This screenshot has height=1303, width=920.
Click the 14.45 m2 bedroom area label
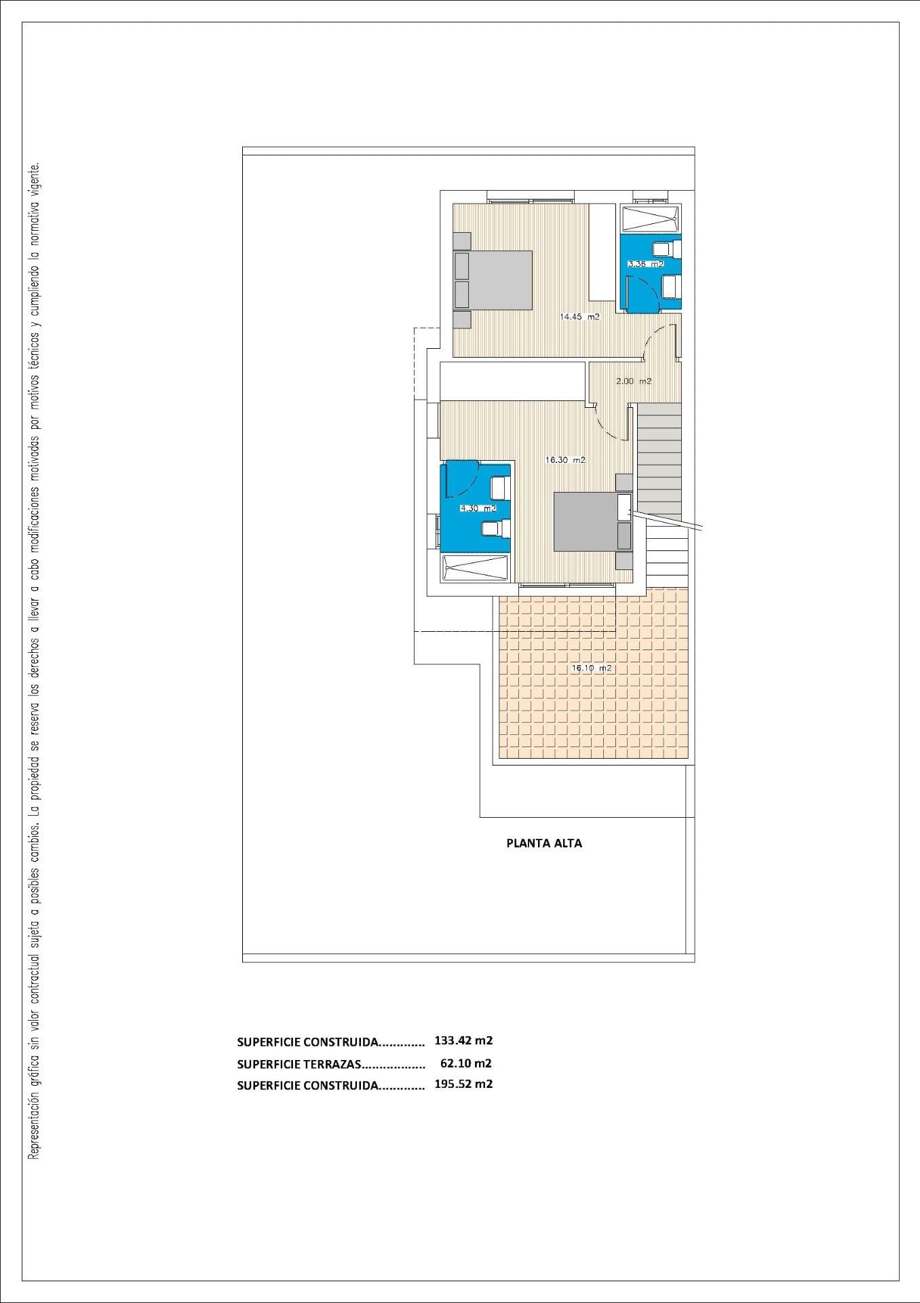(579, 316)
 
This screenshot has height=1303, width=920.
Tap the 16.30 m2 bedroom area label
(565, 459)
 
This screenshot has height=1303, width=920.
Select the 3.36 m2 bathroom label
(645, 264)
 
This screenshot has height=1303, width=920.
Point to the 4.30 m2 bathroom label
(478, 508)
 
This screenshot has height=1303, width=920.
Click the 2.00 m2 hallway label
(634, 381)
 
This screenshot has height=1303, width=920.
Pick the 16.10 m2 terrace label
(592, 668)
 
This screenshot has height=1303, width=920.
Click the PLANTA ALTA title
(544, 844)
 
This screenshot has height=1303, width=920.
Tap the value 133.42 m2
(463, 1040)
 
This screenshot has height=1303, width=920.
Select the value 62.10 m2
(466, 1063)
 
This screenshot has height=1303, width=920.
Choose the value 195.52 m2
(463, 1084)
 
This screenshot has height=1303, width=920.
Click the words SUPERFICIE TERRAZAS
(299, 1064)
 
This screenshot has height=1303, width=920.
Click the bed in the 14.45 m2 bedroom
(493, 280)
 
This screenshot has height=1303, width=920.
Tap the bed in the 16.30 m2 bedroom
(592, 521)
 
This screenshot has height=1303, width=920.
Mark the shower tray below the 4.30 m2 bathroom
(475, 568)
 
